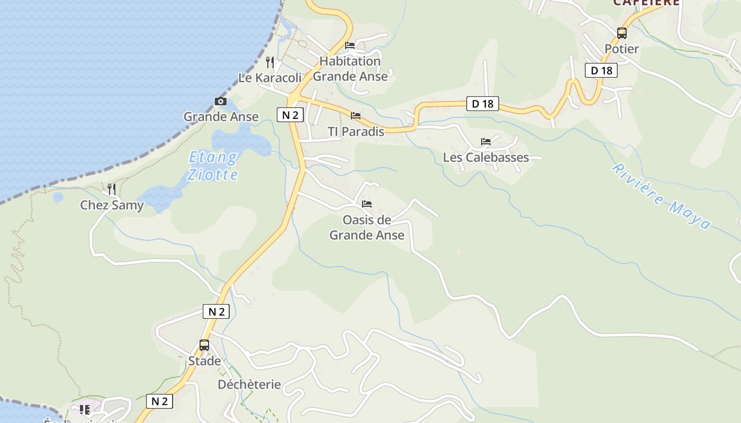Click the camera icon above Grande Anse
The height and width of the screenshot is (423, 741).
pos(221,102)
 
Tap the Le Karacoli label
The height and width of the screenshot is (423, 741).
pos(269,78)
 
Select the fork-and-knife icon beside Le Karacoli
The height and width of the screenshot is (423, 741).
pos(270,62)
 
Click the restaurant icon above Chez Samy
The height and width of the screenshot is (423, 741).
pos(112,189)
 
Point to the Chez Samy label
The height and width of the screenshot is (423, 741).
pos(112,205)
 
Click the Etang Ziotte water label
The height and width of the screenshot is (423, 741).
pos(213,165)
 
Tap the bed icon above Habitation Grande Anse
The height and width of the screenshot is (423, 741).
pos(350,45)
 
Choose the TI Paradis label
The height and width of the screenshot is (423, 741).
pos(356,132)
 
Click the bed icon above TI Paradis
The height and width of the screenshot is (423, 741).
pos(356,116)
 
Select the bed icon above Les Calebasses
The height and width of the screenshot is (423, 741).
pos(486,142)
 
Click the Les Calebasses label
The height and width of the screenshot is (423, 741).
pos(486,157)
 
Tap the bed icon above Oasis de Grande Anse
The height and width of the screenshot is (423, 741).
pos(367,204)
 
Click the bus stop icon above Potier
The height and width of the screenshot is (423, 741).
pos(622,33)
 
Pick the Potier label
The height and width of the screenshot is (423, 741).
pos(622,49)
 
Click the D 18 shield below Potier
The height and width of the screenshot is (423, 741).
pos(601,70)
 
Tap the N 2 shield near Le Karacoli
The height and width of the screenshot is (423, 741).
pos(290,115)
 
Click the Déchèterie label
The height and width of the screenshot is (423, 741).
pos(249,384)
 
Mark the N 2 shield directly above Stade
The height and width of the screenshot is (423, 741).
pos(216,311)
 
